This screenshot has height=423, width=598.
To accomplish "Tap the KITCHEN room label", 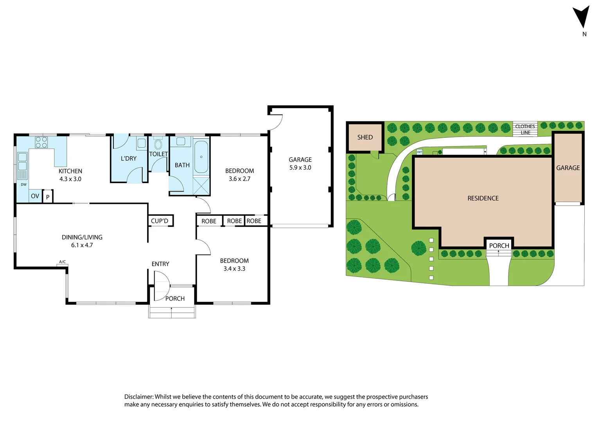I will point(70,171).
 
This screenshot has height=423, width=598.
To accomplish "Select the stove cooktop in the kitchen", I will point(41,142).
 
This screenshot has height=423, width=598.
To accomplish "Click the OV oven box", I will point(35,196).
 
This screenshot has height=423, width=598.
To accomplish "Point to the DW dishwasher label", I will point(23,184).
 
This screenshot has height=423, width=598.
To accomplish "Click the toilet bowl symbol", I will point(158,144).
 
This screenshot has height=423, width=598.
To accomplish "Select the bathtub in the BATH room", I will point(201,157).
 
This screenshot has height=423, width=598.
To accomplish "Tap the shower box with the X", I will point(201,186).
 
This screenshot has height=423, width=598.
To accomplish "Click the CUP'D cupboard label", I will point(160,221).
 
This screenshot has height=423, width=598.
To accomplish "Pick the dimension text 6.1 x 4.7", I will point(82,245).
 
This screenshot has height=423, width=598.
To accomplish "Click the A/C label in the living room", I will point(62,262).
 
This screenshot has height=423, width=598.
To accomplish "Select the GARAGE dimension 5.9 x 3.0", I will point(300,168).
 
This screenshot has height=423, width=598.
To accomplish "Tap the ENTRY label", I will point(160,264).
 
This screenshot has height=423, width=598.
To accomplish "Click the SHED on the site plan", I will point(365,137).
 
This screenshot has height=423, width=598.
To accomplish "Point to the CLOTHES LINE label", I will point(525,129).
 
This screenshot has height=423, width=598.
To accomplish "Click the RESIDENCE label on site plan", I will point(483,198).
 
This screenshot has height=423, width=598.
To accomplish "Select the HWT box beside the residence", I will point(419,152).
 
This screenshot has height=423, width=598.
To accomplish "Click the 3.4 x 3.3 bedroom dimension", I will point(234,269).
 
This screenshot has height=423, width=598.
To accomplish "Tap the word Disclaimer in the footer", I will point(138,397).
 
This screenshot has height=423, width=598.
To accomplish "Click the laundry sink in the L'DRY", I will point(142,143).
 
